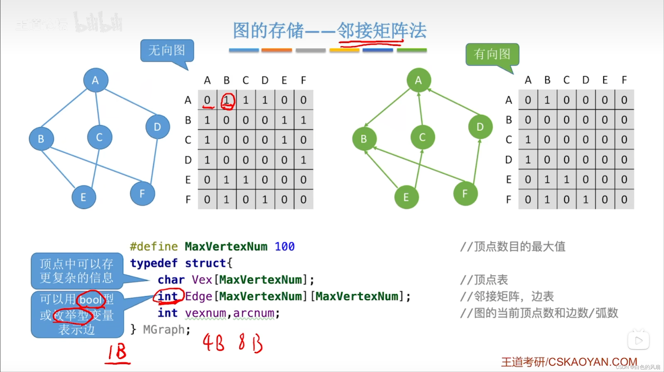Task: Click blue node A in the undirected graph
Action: pos(96,80)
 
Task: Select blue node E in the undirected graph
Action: pos(84,197)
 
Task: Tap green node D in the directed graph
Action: pos(480,127)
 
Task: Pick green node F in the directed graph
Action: pos(465,194)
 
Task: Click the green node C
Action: pos(423,137)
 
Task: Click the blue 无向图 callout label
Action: pos(167,50)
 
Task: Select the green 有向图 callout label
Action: pos(492,54)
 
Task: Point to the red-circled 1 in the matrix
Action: pos(227,101)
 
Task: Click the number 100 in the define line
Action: pos(285,246)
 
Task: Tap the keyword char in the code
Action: pos(171,280)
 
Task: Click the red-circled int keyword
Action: pos(168,296)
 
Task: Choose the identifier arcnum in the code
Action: pos(254,313)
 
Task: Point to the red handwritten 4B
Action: pos(213,342)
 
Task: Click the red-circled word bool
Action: pos(91,300)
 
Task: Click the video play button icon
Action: pos(638,340)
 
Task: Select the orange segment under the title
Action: pos(276,50)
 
